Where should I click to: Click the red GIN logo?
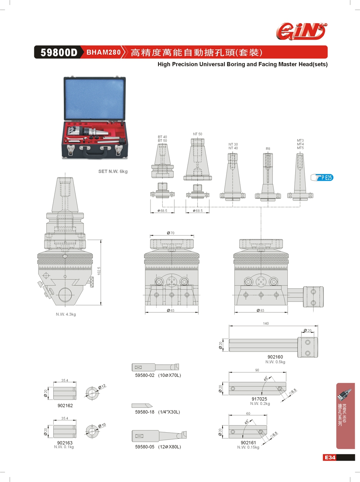[x=301, y=31]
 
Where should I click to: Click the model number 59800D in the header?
[x=59, y=53]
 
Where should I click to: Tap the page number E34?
[x=330, y=458]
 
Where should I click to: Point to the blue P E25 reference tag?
[x=323, y=178]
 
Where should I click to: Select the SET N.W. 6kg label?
[x=113, y=171]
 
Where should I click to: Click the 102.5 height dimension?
[x=99, y=271]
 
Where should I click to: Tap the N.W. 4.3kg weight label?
[x=66, y=314]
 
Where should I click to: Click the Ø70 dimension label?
[x=171, y=233]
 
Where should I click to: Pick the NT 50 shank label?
[x=197, y=134]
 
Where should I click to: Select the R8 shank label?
[x=268, y=149]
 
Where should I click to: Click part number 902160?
[x=275, y=357]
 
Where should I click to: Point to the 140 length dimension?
[x=266, y=323]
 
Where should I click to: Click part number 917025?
[x=259, y=399]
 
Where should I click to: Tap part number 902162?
[x=65, y=406]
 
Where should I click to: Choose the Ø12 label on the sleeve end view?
[x=102, y=387]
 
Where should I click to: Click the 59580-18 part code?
[x=145, y=412]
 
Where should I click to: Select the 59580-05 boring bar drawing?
[x=159, y=436]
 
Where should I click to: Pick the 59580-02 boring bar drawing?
[x=155, y=367]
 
